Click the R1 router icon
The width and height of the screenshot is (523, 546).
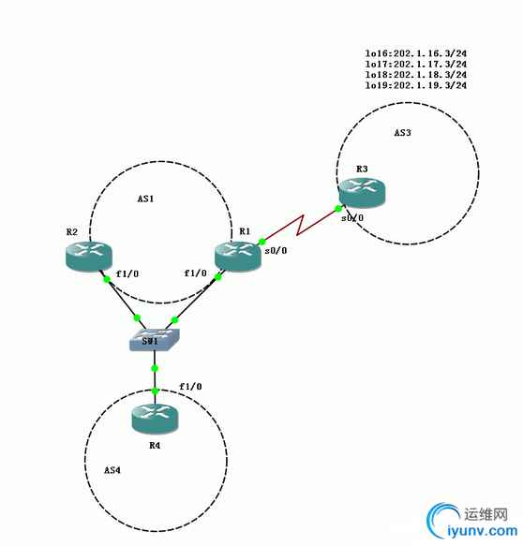(x=234, y=255)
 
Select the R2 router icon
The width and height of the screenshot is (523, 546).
(x=89, y=255)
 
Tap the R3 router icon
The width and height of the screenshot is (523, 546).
(x=363, y=192)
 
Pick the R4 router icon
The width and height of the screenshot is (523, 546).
(x=155, y=418)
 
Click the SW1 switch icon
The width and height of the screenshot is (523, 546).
(x=155, y=339)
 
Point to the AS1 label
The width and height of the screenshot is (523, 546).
(x=145, y=199)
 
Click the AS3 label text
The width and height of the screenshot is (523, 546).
(x=402, y=133)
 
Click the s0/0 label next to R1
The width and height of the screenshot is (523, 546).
(x=277, y=252)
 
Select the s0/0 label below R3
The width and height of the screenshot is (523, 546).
(x=352, y=218)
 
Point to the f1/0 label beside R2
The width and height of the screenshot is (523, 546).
(x=127, y=274)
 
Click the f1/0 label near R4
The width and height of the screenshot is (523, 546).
(x=190, y=387)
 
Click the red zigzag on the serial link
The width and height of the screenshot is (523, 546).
(x=299, y=226)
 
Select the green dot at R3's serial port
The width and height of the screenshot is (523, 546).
(x=337, y=207)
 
